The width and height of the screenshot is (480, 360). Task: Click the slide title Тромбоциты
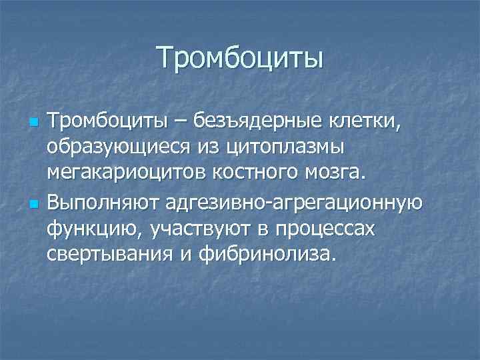[240, 57]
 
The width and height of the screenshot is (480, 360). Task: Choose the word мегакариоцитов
[127, 173]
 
